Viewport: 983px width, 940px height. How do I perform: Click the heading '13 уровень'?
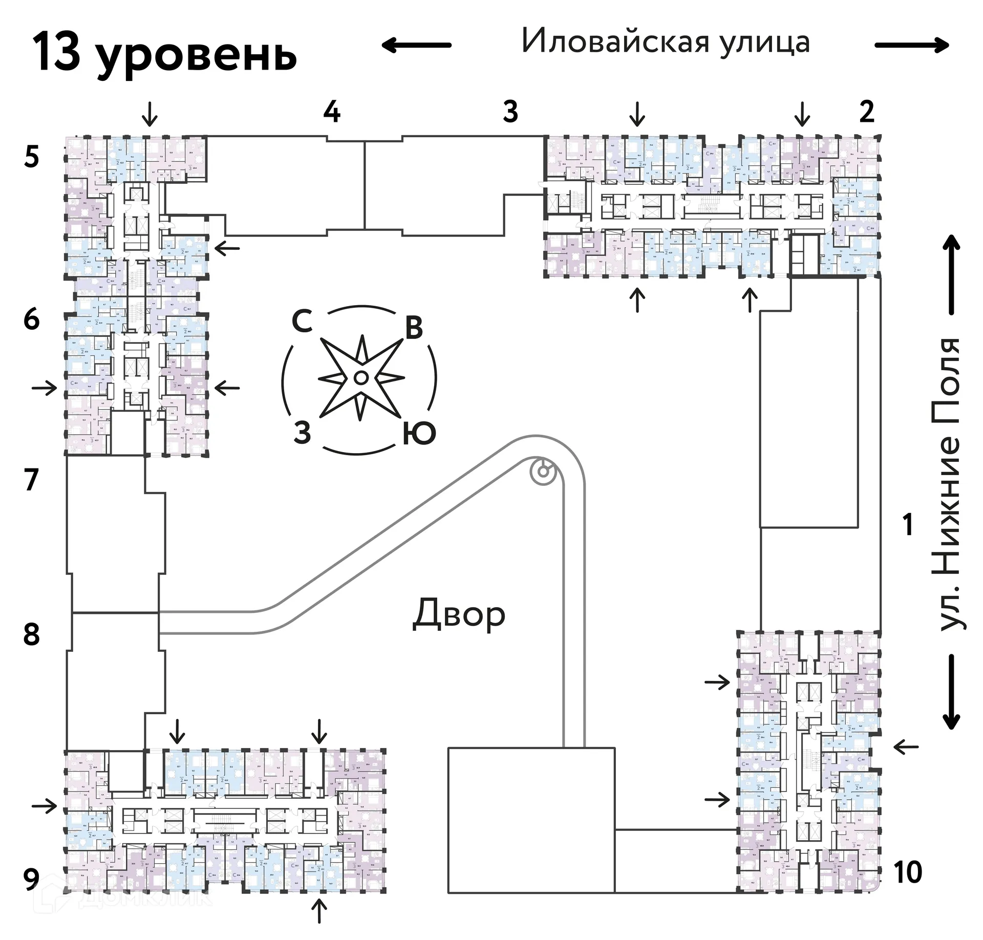click(x=165, y=54)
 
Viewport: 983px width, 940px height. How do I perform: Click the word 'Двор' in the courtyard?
click(x=459, y=614)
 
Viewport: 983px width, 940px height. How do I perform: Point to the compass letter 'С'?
click(x=302, y=322)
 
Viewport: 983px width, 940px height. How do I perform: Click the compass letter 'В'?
click(x=414, y=328)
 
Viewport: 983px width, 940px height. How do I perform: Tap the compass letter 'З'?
click(x=302, y=433)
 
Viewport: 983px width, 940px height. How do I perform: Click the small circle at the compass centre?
click(x=360, y=378)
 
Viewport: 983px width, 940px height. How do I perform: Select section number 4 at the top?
click(x=332, y=112)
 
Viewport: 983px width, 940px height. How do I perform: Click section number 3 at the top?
click(x=510, y=112)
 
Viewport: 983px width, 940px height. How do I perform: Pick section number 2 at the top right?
click(x=866, y=112)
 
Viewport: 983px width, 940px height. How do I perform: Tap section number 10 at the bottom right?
click(x=908, y=872)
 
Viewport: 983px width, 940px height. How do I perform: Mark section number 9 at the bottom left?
click(x=32, y=880)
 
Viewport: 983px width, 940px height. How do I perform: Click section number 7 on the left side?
click(x=32, y=480)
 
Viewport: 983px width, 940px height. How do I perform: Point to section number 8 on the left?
click(x=32, y=635)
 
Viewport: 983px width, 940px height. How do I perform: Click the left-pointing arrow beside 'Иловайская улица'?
click(x=416, y=45)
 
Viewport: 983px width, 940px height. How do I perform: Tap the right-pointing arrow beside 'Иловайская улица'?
click(x=912, y=45)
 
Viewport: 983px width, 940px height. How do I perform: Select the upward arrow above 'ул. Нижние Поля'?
click(x=952, y=274)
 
